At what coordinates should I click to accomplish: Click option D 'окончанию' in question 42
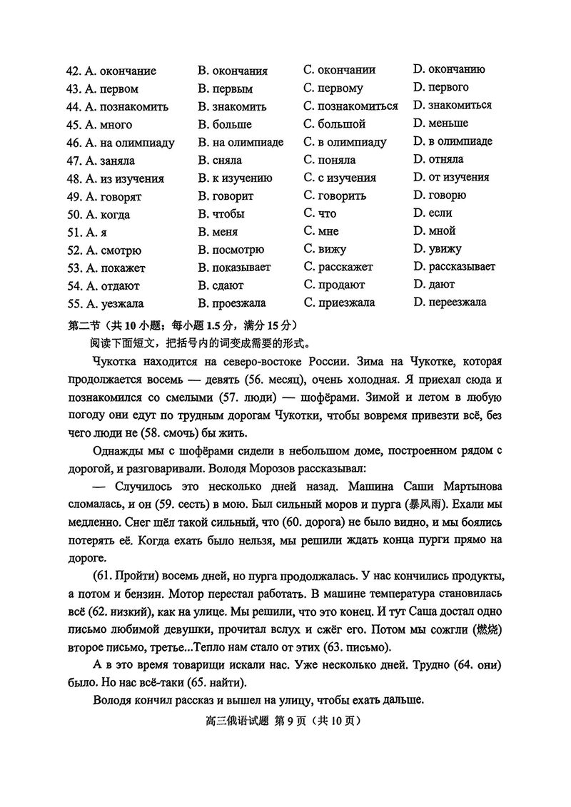tap(449, 70)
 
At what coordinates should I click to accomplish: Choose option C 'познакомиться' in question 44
tap(350, 106)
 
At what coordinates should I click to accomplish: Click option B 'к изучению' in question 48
tap(235, 178)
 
